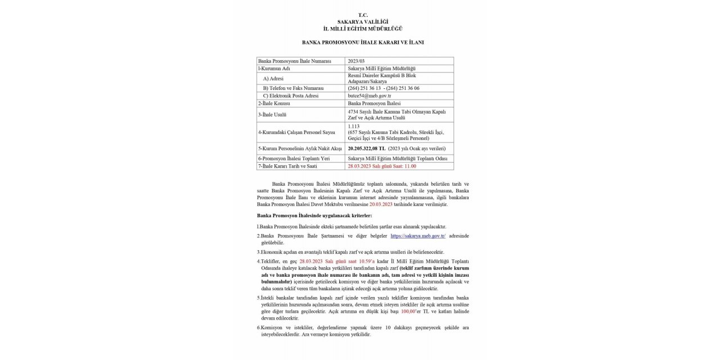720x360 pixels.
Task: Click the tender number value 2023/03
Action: [357, 61]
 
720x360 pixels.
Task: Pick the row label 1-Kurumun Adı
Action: [274, 68]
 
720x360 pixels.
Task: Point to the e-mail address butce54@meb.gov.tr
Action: [369, 96]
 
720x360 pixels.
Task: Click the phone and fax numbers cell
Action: [384, 88]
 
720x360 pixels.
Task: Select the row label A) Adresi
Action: [273, 79]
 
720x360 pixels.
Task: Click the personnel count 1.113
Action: [354, 126]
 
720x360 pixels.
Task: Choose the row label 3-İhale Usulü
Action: [272, 114]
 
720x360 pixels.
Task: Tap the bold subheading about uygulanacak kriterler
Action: [314, 215]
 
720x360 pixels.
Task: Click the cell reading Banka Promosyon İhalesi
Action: [373, 103]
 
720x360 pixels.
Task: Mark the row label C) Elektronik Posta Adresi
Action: [291, 96]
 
